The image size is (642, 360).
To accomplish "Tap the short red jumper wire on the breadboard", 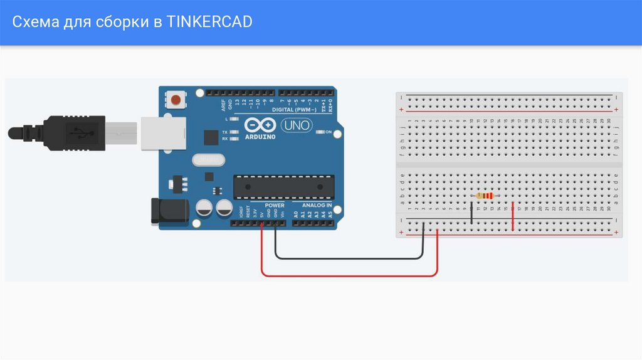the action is pyautogui.click(x=512, y=216).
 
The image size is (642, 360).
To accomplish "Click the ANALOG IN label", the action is pyautogui.click(x=317, y=205).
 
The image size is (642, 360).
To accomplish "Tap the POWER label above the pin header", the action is pyautogui.click(x=274, y=205).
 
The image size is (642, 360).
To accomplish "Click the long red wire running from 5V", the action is pyautogui.click(x=349, y=275).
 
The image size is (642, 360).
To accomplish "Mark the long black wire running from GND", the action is pyautogui.click(x=349, y=258).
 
